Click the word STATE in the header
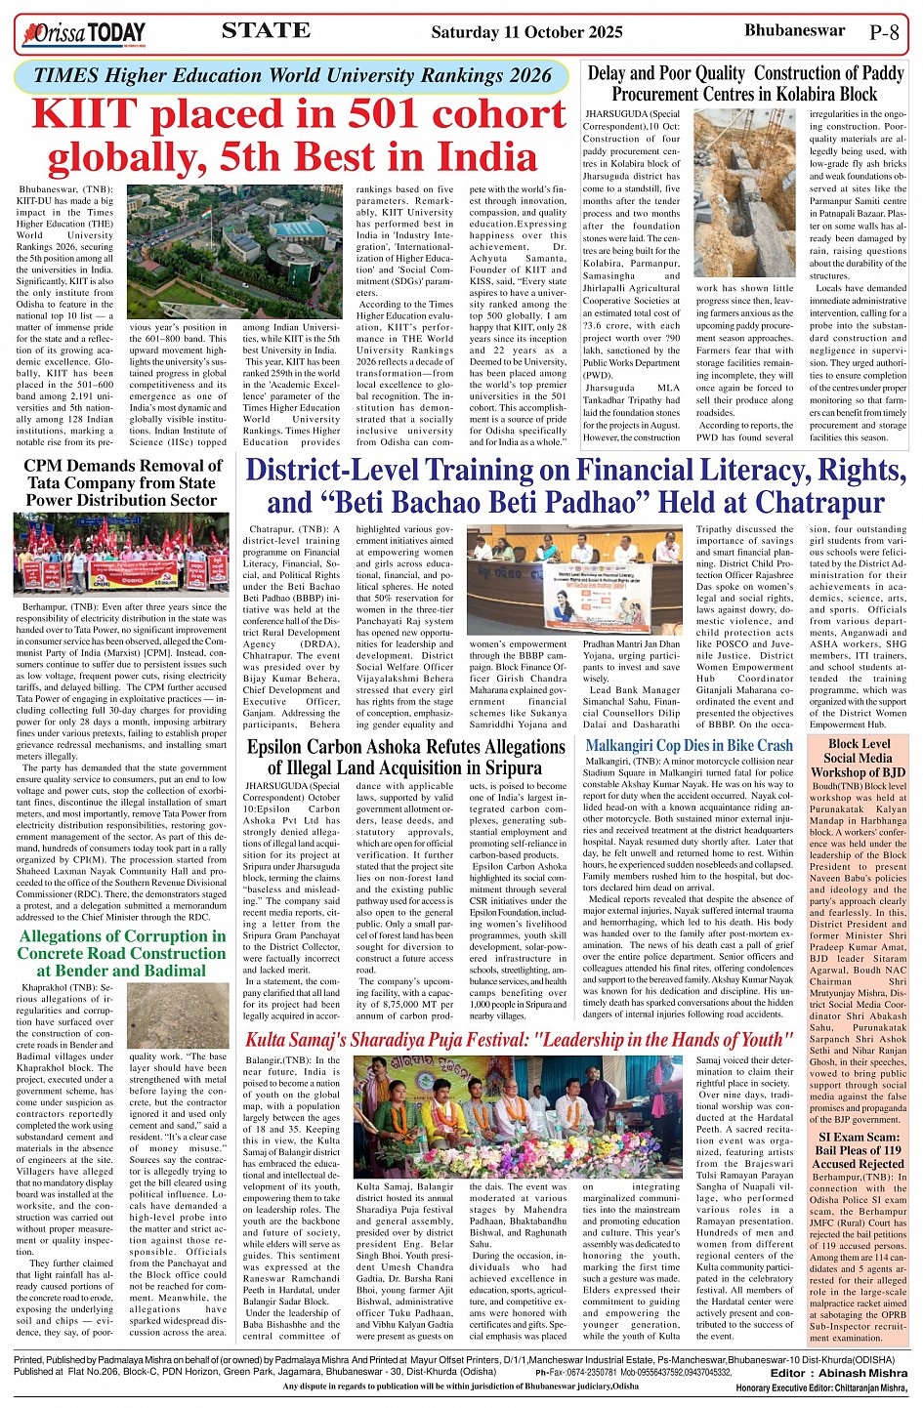266,30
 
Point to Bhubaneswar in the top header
794,30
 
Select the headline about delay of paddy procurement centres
745,83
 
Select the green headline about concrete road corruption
121,953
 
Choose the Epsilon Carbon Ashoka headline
405,758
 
